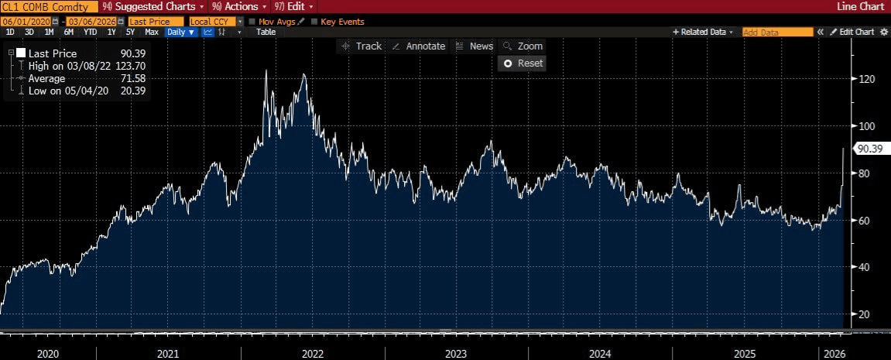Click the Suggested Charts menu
pyautogui.click(x=154, y=6)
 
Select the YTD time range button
pyautogui.click(x=90, y=33)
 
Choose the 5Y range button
pyautogui.click(x=129, y=33)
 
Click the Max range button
pyautogui.click(x=152, y=33)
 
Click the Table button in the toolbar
pyautogui.click(x=266, y=33)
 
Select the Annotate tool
pyautogui.click(x=419, y=46)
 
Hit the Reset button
pyautogui.click(x=523, y=63)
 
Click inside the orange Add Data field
pyautogui.click(x=777, y=33)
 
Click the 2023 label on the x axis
pyautogui.click(x=456, y=353)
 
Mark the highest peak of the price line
pyautogui.click(x=266, y=70)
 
